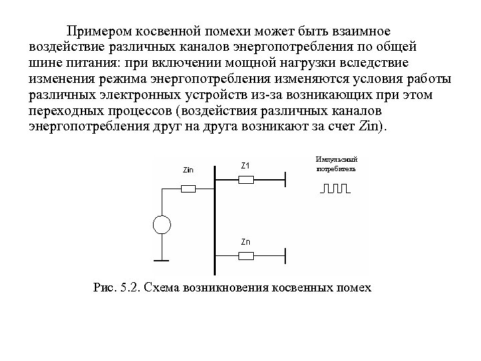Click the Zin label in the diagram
(x=188, y=169)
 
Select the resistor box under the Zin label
(x=188, y=189)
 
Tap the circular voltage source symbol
(x=161, y=224)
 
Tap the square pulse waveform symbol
(x=335, y=189)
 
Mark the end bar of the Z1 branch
(x=286, y=179)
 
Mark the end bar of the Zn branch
(x=286, y=255)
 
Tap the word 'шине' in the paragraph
(x=46, y=62)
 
